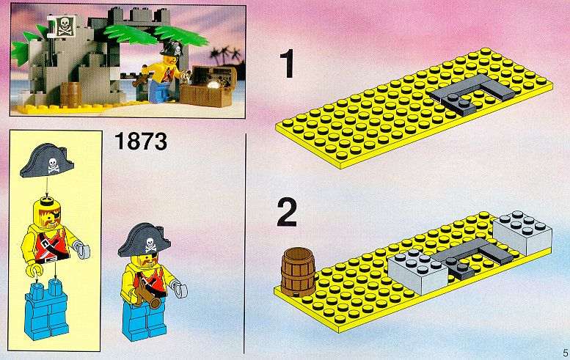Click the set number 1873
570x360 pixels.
[x=141, y=142]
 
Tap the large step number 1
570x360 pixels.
[x=288, y=65]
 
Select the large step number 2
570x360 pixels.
[x=287, y=213]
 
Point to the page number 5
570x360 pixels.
[x=565, y=352]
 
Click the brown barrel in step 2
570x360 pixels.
[x=298, y=272]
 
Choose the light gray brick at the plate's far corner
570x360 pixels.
[x=522, y=232]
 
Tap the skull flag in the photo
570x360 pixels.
[x=65, y=26]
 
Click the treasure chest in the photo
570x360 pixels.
[x=208, y=87]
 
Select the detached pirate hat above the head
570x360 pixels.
[x=47, y=160]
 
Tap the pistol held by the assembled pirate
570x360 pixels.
[x=148, y=295]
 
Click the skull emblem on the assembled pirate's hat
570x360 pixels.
[x=151, y=245]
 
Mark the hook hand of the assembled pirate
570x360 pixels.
[x=180, y=290]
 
